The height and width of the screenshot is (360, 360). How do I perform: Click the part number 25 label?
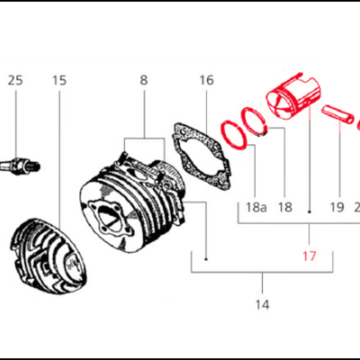[15, 80]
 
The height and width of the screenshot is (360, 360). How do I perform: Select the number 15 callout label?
[59, 80]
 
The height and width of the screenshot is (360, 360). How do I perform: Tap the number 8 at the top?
[143, 80]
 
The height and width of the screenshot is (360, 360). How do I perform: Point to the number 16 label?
[206, 80]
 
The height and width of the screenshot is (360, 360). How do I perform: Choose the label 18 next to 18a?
[285, 207]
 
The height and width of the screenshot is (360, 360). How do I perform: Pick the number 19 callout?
[336, 207]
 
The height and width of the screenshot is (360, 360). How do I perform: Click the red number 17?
[310, 256]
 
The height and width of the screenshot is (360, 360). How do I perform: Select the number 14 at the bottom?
[262, 305]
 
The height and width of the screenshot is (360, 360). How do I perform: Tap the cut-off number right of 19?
[356, 207]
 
